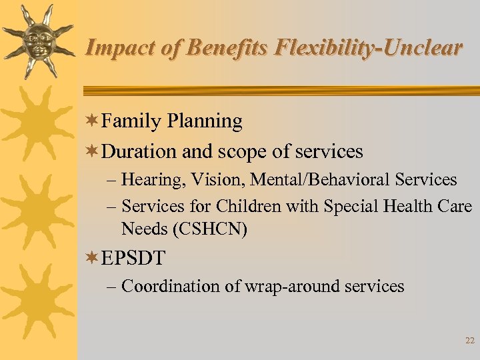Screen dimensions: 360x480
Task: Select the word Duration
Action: click(139, 152)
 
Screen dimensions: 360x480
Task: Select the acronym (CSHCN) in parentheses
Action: click(211, 230)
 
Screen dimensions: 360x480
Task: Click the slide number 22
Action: click(469, 341)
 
